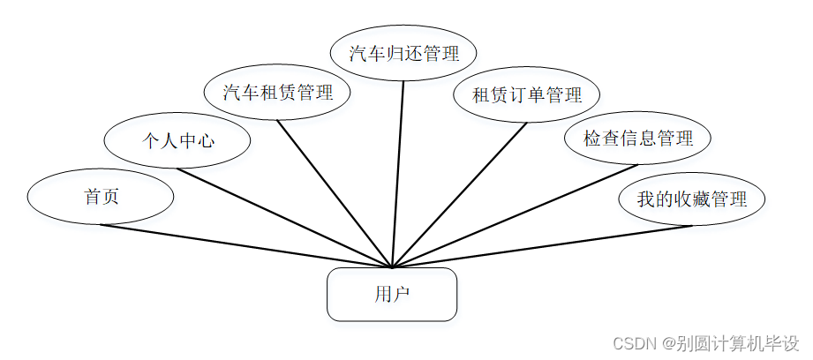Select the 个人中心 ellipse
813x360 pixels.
click(177, 139)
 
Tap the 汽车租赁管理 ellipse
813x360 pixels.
click(277, 92)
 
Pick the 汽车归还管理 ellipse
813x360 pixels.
click(404, 53)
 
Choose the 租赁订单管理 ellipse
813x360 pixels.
click(527, 94)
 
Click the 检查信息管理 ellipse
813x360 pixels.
click(638, 139)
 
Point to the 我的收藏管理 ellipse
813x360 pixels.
click(691, 199)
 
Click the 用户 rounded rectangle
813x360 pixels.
click(392, 294)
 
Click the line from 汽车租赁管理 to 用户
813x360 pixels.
click(335, 193)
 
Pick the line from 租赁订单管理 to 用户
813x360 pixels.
click(459, 193)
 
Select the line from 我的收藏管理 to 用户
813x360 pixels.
click(542, 246)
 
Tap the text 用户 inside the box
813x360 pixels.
click(392, 294)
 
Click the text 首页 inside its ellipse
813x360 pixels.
click(102, 197)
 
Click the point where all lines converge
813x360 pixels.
click(392, 266)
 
